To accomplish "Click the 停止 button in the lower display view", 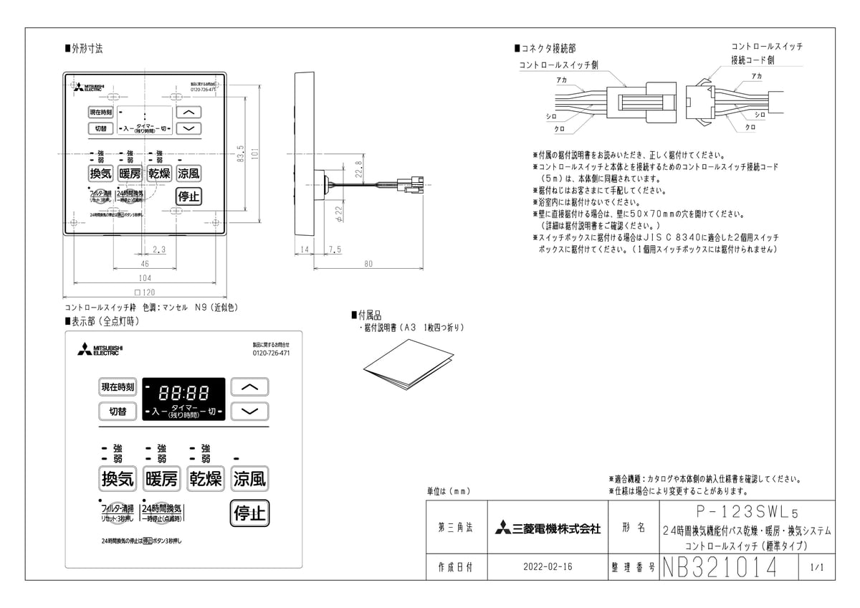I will point(249,513).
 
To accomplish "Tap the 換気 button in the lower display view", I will point(118,478).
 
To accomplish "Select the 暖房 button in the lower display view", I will point(161,478).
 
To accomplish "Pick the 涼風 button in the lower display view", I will point(249,478).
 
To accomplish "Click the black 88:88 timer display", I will point(183,399).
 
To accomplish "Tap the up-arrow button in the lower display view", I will point(249,387).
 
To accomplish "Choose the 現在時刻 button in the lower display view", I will point(118,387).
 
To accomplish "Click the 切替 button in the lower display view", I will point(118,411).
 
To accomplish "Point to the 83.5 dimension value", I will point(241,153).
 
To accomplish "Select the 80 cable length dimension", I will point(368,264).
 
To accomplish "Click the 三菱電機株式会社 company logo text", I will point(548,529).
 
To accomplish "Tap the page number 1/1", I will point(817,567).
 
